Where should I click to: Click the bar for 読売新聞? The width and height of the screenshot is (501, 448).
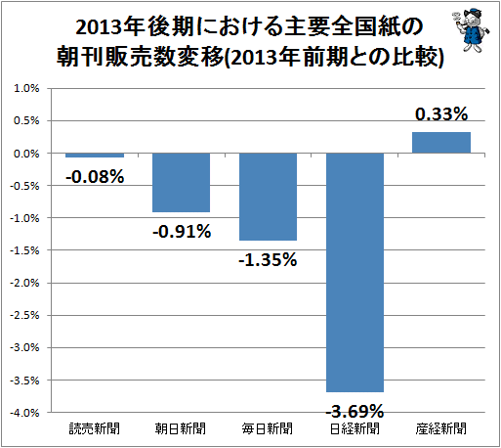pos(95,156)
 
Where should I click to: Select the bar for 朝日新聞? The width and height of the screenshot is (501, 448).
pos(182,183)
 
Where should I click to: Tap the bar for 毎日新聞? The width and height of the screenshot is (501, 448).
pos(268,197)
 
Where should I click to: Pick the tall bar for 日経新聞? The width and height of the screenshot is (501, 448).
pos(355,273)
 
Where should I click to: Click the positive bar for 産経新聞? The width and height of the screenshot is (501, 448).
pos(441,143)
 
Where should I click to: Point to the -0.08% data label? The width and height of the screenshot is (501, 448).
pos(95,177)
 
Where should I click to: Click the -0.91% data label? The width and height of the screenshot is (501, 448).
pos(182,232)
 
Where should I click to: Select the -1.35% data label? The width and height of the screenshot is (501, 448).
pos(268,260)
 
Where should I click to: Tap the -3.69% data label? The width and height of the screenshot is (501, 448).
pos(355,411)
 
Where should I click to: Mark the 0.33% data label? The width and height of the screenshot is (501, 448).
pos(441,114)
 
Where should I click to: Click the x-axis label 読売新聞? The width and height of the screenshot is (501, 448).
pos(95,428)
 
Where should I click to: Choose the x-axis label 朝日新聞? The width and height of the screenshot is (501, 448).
pos(181,428)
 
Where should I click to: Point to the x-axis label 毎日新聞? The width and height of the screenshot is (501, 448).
pos(268,428)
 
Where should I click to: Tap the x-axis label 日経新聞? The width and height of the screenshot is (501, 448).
pos(355,428)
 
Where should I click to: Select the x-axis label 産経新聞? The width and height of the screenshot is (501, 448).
pos(441,428)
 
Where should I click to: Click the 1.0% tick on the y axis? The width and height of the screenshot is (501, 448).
pos(26,88)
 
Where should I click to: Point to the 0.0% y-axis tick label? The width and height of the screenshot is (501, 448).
pos(26,154)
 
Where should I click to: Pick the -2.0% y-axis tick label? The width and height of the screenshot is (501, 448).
pos(24,283)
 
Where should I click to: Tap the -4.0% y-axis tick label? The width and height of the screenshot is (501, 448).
pos(24,413)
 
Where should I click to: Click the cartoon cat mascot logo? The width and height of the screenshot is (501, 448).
pos(470,30)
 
